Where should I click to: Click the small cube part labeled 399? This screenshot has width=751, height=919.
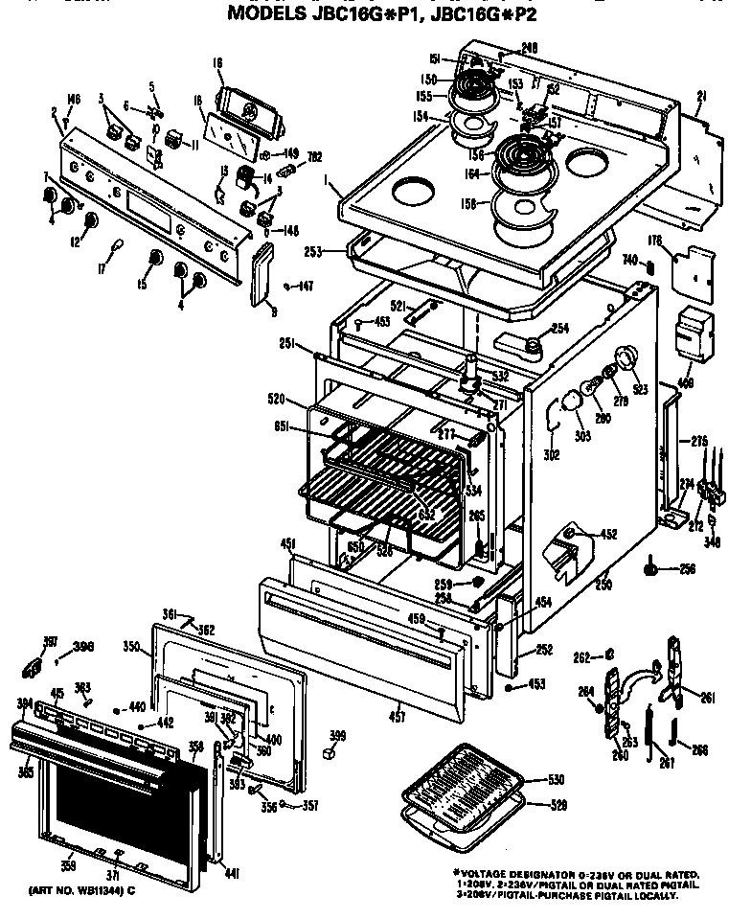click(x=334, y=753)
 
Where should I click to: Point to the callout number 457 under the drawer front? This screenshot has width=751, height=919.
click(x=396, y=715)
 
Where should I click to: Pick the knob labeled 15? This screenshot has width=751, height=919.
click(x=153, y=260)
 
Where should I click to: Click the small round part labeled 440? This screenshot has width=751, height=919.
click(x=117, y=710)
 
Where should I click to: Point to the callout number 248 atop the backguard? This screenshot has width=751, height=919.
click(x=528, y=47)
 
